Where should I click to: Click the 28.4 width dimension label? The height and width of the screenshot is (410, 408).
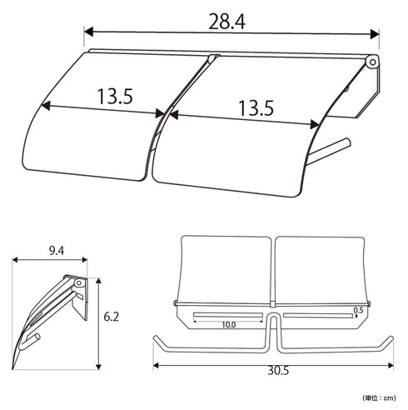coord(226,22)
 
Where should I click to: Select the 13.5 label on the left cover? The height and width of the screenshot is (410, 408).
coord(115,97)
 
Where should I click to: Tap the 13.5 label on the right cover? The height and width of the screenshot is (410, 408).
coord(256,108)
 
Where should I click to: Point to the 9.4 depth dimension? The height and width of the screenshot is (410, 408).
coord(57,251)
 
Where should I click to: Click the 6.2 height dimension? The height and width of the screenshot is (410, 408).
coord(111,317)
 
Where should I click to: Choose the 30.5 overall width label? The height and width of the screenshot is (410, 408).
coord(278,370)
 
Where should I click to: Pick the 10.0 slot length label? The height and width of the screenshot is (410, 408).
coord(228,325)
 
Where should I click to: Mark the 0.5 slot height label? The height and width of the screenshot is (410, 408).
coord(358,310)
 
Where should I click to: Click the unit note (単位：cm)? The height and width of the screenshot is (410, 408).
coord(379,397)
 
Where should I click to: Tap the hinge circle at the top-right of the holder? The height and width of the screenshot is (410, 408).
coord(372,62)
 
